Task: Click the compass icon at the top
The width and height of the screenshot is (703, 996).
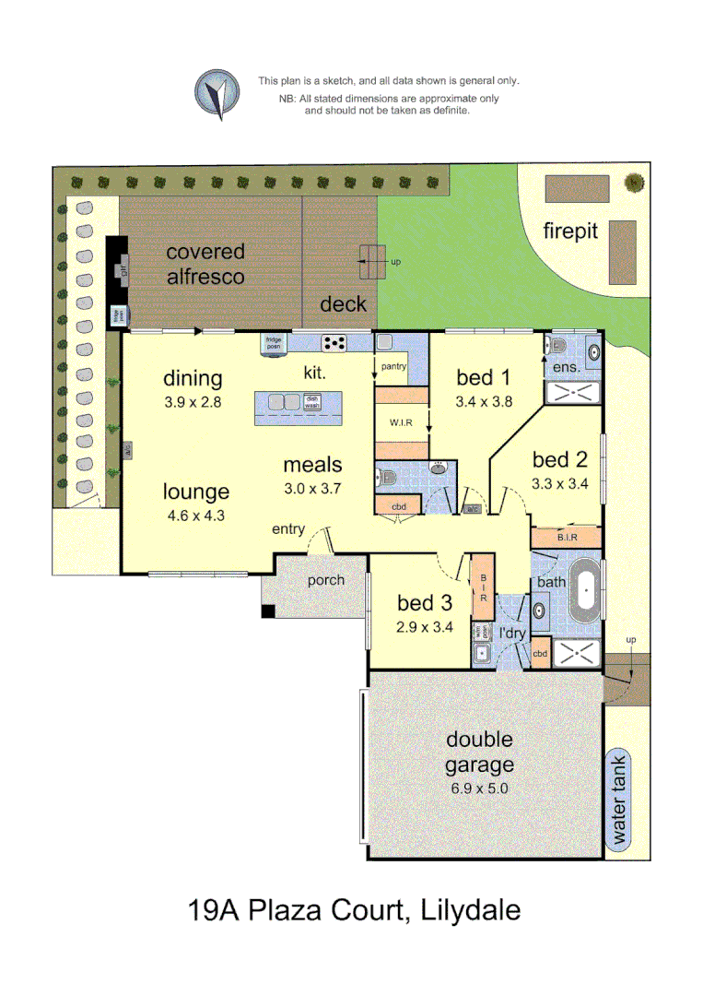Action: (217, 94)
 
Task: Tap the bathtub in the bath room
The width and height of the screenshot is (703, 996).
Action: (585, 597)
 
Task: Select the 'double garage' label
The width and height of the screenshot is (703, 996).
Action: (479, 752)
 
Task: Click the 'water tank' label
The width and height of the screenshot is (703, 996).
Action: (619, 801)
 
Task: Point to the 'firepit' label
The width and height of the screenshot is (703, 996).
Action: (569, 231)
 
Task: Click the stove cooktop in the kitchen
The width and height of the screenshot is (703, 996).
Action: (334, 343)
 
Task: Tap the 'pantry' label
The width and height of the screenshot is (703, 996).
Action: (393, 367)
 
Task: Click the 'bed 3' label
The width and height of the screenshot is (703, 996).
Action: (425, 603)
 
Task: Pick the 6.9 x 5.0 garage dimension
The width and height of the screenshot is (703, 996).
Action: (479, 788)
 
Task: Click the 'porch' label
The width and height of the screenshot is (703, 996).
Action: (326, 580)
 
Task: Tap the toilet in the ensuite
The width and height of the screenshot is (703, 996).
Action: (557, 348)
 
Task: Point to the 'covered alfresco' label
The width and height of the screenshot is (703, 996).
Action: (205, 263)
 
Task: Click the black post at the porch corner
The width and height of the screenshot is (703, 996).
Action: (268, 611)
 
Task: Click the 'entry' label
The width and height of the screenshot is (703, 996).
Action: (287, 529)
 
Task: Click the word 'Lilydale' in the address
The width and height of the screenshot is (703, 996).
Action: (470, 911)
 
